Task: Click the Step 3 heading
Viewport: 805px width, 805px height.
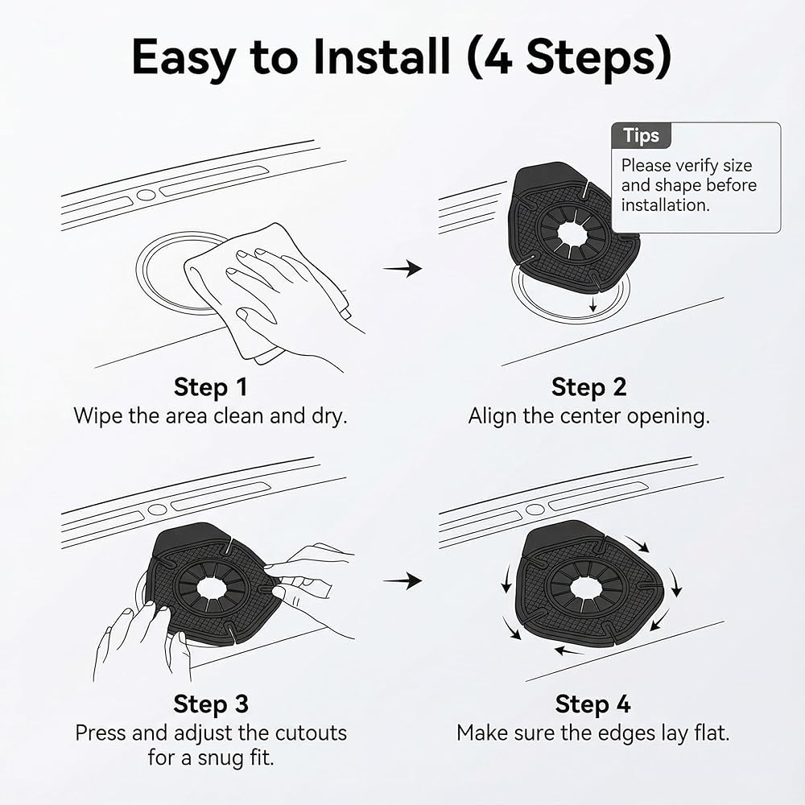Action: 210,704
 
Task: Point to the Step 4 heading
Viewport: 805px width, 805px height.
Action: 592,704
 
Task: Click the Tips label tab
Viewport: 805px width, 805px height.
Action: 642,135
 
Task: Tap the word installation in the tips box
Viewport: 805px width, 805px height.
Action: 666,204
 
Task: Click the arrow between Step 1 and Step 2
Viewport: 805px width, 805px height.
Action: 402,268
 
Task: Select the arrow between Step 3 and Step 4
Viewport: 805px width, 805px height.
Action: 402,580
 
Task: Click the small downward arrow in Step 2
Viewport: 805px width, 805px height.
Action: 593,304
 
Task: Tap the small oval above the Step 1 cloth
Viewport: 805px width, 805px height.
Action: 146,195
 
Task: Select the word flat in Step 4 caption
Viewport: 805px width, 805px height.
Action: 712,733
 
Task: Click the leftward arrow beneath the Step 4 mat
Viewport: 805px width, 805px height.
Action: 569,651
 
